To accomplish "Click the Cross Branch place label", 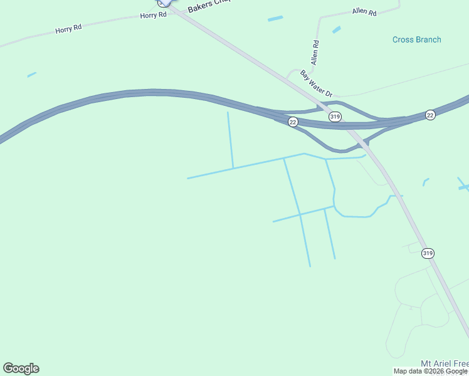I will (x=416, y=39).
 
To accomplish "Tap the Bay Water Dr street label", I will (x=315, y=84).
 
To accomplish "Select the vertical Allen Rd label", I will (x=315, y=53).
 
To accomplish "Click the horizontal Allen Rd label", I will (x=364, y=12).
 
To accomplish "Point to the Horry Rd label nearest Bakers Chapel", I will (x=154, y=15).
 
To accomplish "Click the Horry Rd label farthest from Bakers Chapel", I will (x=69, y=29).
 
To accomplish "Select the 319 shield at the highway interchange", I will (x=335, y=117).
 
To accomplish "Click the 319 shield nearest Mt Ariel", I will (x=428, y=253).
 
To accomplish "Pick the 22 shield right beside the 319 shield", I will (x=293, y=122).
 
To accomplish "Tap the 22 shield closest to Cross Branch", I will (x=429, y=115).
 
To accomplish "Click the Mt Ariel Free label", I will (x=444, y=363).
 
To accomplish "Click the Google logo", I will (x=21, y=368).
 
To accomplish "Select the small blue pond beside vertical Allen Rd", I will (x=337, y=29).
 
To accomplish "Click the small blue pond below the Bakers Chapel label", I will (x=275, y=19).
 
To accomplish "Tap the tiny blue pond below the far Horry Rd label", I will (x=31, y=75).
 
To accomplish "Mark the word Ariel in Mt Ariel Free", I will (x=444, y=363).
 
